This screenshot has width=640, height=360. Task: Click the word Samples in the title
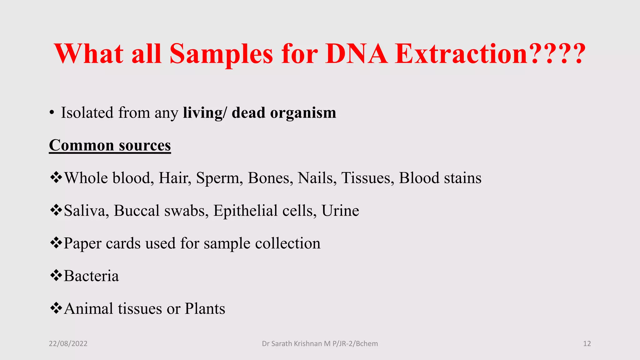pos(221,54)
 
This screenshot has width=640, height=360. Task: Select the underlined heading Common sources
pos(110,145)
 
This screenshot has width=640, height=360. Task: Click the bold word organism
pos(303,113)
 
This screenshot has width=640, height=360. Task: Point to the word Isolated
pos(87,113)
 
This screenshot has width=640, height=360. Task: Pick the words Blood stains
pos(440,178)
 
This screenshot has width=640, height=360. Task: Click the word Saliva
pos(86,211)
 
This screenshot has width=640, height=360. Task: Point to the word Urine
pos(340,211)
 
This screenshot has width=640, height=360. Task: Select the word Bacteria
pos(91,276)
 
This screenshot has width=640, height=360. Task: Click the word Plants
pos(205,309)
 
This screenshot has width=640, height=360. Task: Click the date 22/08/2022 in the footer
pos(68,344)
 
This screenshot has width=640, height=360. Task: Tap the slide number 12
pos(587,344)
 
